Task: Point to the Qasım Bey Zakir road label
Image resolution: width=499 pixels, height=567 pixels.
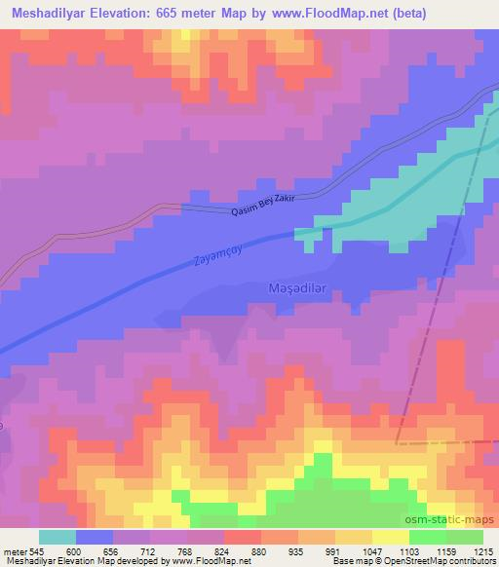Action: click(x=262, y=206)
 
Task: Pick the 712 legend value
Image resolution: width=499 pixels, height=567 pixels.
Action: click(x=150, y=550)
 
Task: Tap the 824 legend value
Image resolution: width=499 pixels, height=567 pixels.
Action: click(x=223, y=550)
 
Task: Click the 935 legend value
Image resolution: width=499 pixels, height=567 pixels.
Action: click(x=298, y=550)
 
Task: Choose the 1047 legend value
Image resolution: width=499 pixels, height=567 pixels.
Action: click(x=372, y=550)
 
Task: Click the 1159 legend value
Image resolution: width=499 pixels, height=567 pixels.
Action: click(x=445, y=550)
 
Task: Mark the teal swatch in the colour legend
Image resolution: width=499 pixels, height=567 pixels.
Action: click(x=58, y=537)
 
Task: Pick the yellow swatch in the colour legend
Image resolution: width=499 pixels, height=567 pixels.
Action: click(x=391, y=537)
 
